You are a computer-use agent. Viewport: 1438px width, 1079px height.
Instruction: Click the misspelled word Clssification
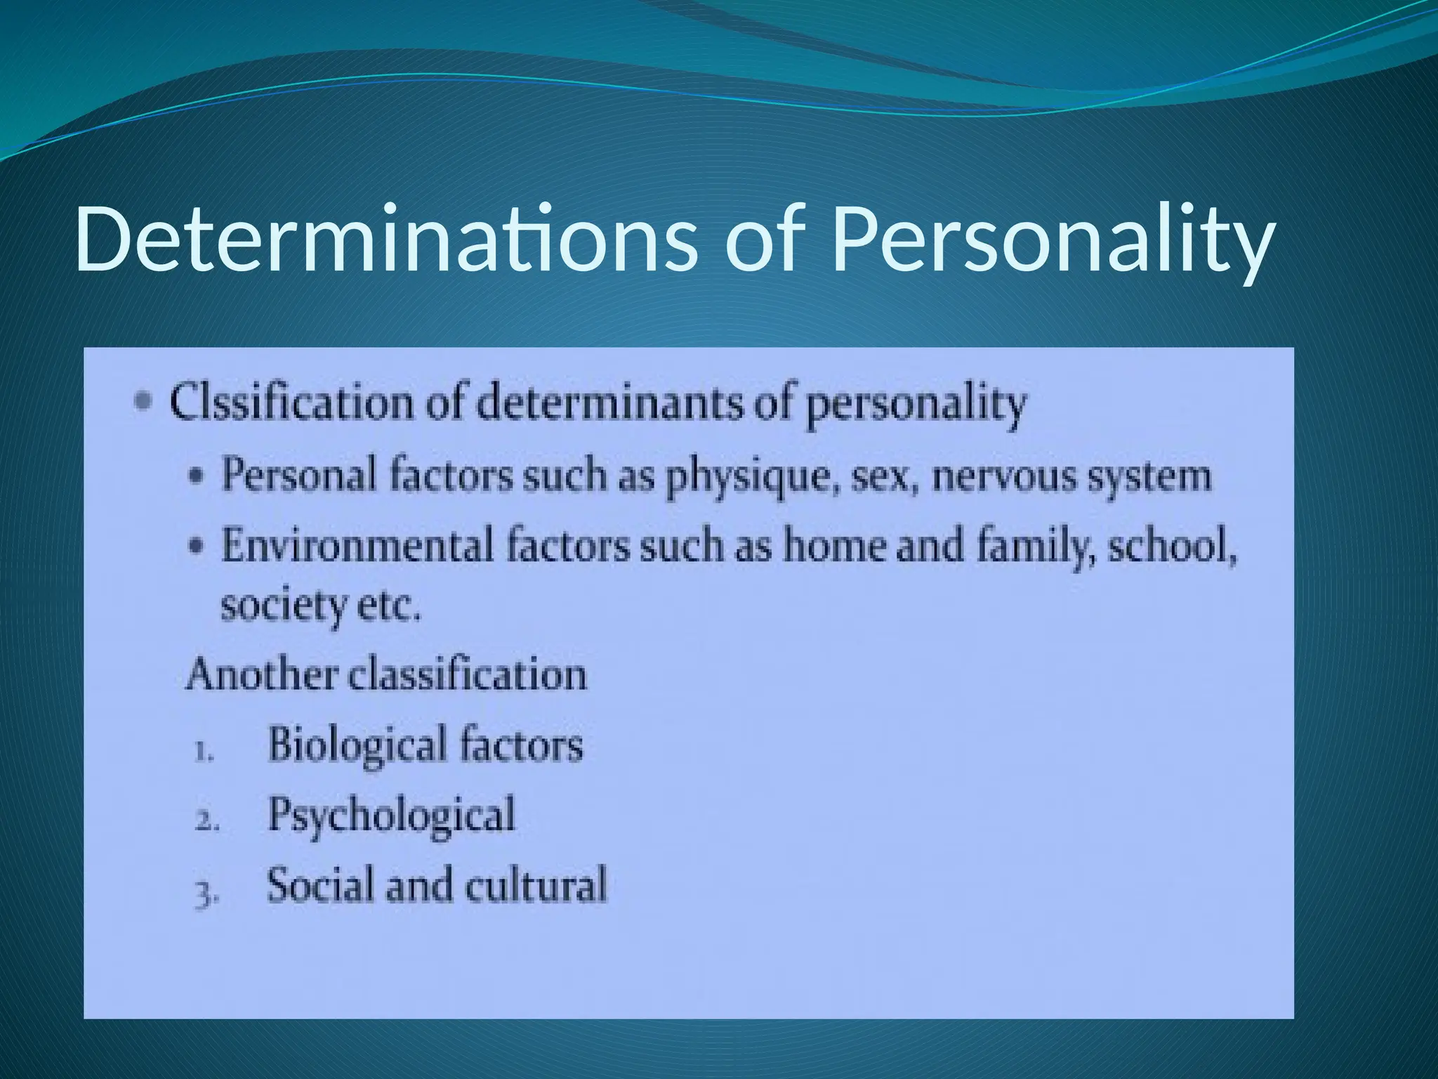coord(291,403)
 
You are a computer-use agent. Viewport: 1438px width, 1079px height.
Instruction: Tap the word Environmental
coord(357,546)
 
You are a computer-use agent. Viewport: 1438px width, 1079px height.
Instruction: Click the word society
coord(284,606)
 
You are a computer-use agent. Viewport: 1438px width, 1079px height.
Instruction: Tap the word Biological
coord(357,745)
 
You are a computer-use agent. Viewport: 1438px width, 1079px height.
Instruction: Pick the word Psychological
coord(392,815)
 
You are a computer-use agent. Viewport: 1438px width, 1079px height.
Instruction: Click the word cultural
coord(535,884)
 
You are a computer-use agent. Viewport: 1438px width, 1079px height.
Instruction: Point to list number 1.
coord(203,752)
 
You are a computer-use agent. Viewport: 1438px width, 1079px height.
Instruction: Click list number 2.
coord(206,820)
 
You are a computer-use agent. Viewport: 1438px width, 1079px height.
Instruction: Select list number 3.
coord(206,894)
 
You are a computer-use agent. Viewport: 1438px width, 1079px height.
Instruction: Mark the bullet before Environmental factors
coord(197,547)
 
